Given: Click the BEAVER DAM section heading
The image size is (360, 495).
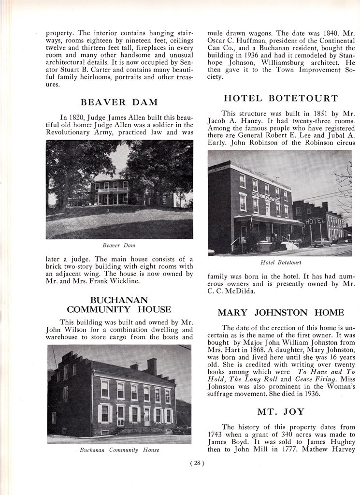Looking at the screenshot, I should click(x=119, y=102).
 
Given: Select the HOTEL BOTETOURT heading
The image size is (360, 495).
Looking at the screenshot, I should click(x=280, y=98).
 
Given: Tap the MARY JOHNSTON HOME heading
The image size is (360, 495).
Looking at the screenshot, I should click(x=280, y=312).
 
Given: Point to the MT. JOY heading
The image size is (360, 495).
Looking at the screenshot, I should click(x=280, y=412).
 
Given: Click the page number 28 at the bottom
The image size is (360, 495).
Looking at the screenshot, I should click(x=198, y=463).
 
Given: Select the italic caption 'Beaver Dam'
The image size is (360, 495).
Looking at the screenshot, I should click(x=119, y=246).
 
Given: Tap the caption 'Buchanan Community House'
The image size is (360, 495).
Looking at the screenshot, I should click(x=119, y=450).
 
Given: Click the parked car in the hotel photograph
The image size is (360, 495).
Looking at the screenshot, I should click(x=321, y=242).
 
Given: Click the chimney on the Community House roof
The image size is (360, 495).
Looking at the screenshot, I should click(x=152, y=366).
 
